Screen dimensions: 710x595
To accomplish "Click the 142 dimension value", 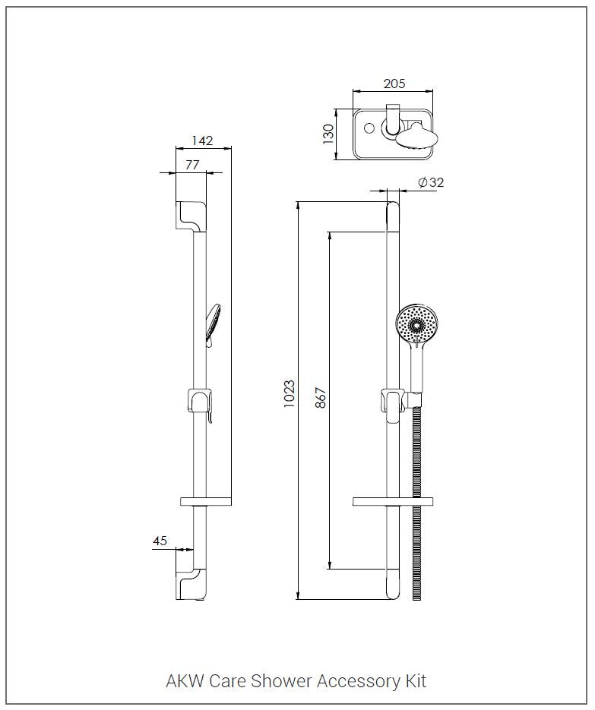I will (x=202, y=140).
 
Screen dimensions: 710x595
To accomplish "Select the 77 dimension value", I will (x=191, y=164).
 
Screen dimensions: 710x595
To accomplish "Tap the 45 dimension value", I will (x=160, y=541).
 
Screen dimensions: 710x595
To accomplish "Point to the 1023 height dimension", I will (x=289, y=394).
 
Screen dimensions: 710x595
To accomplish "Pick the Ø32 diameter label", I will (x=431, y=181).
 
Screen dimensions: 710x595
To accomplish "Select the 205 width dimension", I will (x=394, y=84).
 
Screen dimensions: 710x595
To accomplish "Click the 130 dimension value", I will (x=329, y=134).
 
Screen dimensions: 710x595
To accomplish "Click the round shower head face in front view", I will (x=415, y=323).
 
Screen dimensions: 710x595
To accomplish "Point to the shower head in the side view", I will (x=212, y=323).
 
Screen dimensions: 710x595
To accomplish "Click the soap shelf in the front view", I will (x=393, y=501).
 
